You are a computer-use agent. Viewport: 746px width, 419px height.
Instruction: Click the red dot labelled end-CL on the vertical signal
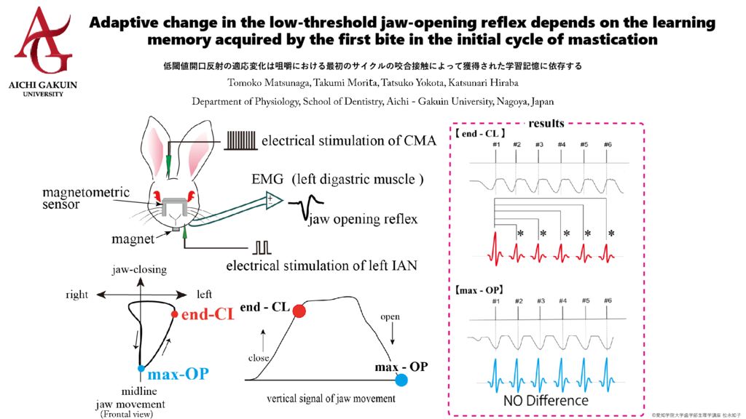tap(299, 311)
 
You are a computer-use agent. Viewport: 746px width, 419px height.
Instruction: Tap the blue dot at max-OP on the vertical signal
tap(401, 380)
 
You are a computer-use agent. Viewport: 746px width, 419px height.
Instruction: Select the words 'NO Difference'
tap(546, 400)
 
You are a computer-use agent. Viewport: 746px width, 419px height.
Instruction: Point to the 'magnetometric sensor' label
tap(86, 198)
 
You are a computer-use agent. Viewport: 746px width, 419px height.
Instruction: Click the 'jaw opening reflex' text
tap(366, 220)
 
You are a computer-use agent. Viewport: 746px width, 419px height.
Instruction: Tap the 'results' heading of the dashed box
tap(546, 124)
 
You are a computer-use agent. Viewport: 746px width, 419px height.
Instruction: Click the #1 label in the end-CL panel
tap(496, 145)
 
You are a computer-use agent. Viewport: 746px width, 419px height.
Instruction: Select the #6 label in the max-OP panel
tap(608, 300)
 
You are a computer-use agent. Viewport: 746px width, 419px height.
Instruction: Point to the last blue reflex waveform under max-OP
tap(608, 372)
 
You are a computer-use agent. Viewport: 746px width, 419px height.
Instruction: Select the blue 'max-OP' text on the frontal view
tap(178, 375)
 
